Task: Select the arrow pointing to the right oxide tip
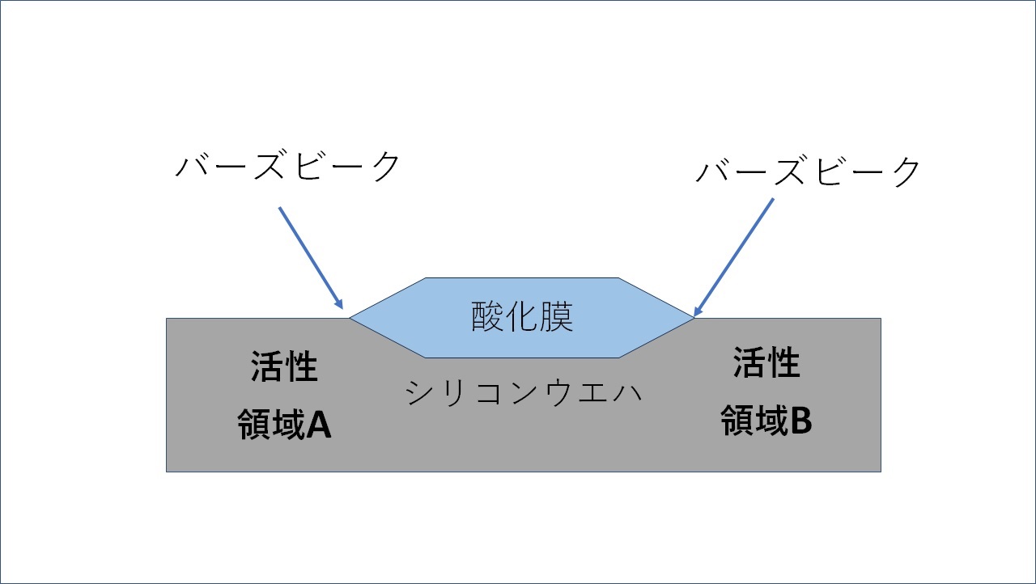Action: (735, 256)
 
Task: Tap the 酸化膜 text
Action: (522, 318)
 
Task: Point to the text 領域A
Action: (284, 424)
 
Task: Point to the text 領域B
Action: (766, 421)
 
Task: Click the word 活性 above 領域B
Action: (766, 363)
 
